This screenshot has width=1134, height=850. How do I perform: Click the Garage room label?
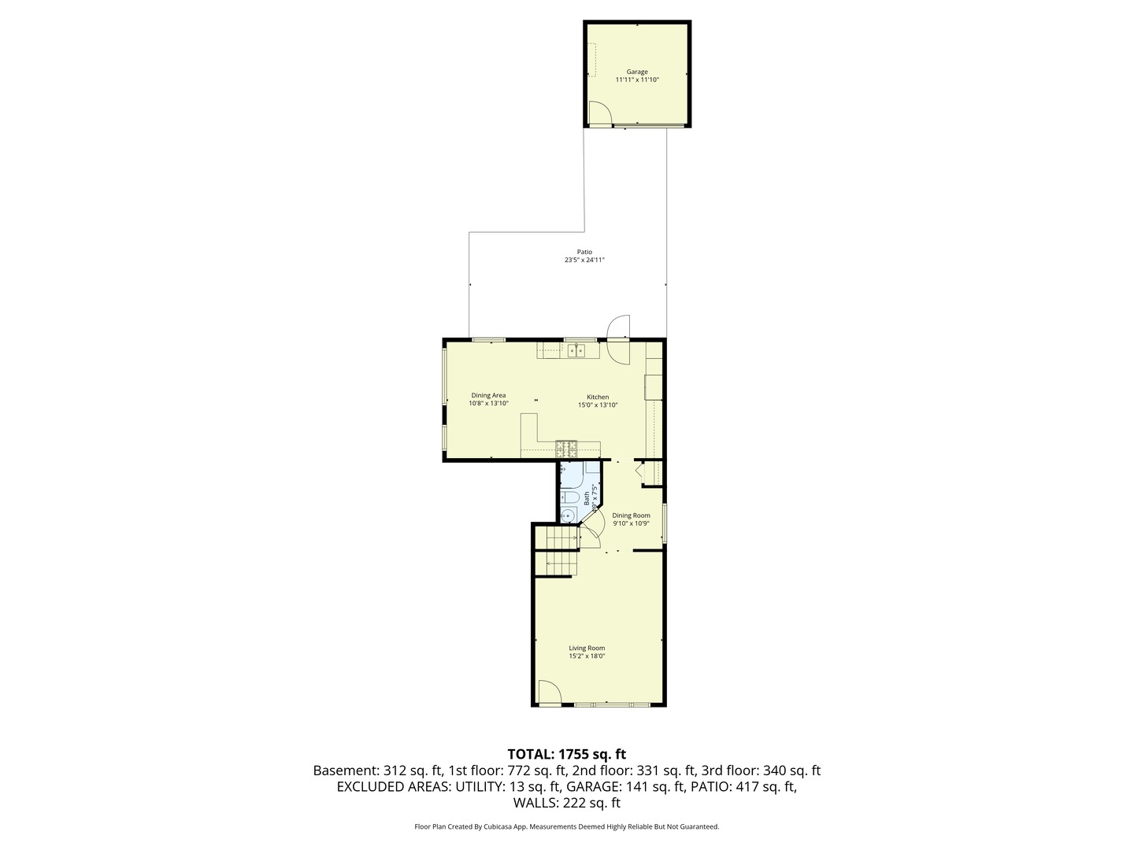click(637, 72)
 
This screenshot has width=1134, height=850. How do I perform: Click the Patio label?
click(584, 252)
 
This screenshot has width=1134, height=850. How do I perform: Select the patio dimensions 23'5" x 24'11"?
click(584, 260)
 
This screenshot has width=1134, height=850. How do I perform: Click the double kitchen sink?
click(576, 350)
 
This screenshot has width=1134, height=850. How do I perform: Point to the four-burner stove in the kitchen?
click(566, 449)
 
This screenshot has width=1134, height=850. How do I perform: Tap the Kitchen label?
click(598, 397)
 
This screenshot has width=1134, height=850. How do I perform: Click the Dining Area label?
click(488, 395)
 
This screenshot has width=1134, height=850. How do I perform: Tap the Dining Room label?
click(631, 516)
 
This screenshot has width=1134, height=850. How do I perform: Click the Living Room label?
click(587, 648)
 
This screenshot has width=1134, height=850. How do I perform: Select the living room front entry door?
click(549, 693)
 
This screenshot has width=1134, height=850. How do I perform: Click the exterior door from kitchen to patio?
click(620, 339)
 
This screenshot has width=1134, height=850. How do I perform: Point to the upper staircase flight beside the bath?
click(557, 538)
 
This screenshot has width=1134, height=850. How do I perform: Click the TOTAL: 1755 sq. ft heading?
click(566, 754)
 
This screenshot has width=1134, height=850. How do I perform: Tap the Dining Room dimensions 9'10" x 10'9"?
click(631, 523)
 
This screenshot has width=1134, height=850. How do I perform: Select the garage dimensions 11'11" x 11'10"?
click(637, 79)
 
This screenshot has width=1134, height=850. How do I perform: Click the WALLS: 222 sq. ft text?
click(566, 803)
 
